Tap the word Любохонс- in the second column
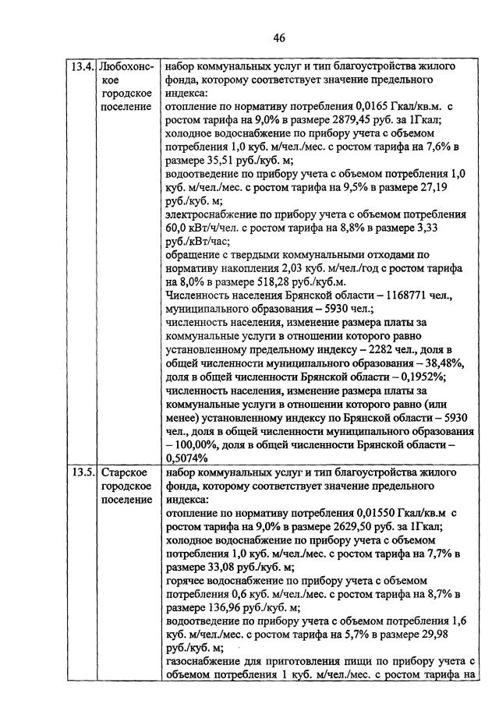pos(129,66)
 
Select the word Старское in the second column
pos(126,473)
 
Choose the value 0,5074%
pos(186,458)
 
